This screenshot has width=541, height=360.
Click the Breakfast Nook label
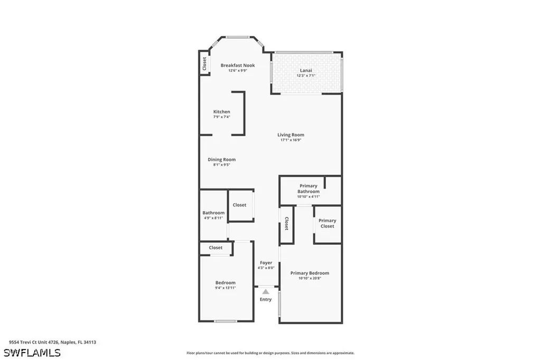237,65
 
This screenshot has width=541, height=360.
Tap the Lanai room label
306,70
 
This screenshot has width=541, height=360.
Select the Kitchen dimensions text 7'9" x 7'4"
221,117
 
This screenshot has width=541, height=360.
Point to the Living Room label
291,135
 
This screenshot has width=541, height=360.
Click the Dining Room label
221,159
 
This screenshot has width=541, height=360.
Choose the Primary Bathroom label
309,188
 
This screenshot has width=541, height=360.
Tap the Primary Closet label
327,223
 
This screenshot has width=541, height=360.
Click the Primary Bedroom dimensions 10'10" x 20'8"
310,278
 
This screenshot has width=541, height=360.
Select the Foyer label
266,263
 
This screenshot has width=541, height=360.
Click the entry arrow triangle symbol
266,291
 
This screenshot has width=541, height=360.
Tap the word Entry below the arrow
266,300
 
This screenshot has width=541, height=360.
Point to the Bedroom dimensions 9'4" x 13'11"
225,288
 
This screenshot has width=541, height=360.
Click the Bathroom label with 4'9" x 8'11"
213,215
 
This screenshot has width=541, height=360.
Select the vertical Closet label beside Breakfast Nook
204,63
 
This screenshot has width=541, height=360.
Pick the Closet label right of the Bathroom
239,205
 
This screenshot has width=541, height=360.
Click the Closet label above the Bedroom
216,248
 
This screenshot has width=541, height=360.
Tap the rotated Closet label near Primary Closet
286,224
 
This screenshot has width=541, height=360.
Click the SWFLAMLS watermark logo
32,352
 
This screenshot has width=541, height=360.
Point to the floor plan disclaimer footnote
270,353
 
